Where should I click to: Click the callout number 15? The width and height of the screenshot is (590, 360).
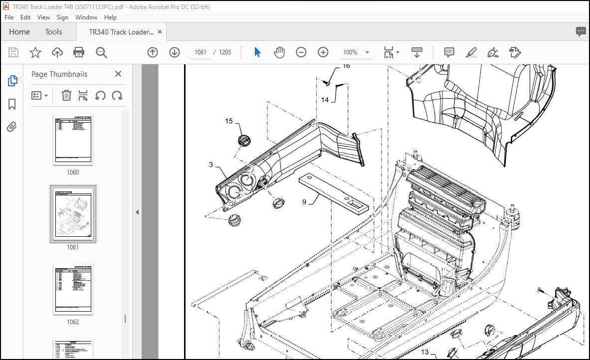click(x=229, y=121)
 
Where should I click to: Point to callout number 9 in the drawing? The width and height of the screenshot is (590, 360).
click(x=304, y=202)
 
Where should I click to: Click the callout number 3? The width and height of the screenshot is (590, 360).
click(x=211, y=165)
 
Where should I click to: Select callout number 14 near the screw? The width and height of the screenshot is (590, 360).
click(x=325, y=100)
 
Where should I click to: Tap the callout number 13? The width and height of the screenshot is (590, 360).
click(x=425, y=353)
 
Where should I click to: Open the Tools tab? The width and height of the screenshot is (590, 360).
click(x=53, y=32)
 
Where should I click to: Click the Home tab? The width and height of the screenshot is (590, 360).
click(x=19, y=32)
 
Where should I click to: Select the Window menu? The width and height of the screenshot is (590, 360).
click(x=86, y=17)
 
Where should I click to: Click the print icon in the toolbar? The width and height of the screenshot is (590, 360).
click(x=79, y=52)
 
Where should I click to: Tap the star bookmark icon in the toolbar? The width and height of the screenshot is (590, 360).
click(x=35, y=52)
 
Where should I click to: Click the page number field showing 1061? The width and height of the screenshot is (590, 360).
click(x=200, y=52)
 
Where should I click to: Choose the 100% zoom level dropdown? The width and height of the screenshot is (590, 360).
click(x=356, y=52)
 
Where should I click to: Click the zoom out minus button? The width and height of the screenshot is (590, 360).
click(x=301, y=52)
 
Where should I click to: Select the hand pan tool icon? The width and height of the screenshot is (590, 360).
click(x=279, y=52)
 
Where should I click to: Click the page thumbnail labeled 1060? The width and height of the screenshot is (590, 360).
click(x=73, y=140)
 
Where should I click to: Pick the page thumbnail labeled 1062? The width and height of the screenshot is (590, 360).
click(x=73, y=289)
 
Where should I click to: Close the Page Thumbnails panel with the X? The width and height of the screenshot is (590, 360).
click(x=118, y=74)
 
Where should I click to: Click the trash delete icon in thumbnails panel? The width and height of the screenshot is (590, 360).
click(x=66, y=95)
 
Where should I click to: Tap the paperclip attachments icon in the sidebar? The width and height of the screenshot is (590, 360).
click(x=12, y=127)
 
